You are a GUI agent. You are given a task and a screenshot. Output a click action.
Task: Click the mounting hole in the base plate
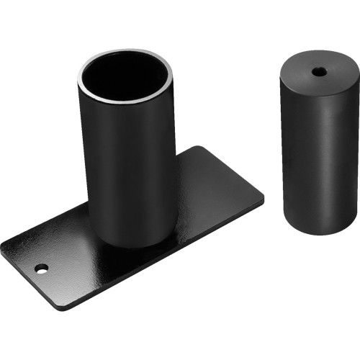pos(41,268)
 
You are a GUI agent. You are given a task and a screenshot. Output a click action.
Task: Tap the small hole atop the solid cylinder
pos(318,71)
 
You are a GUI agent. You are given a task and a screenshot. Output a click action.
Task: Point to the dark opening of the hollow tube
pos(127,77)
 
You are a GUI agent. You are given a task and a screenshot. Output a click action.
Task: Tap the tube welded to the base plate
pos(127,158)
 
